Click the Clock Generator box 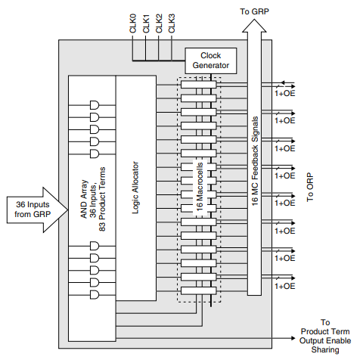point(211,60)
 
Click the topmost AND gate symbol point(95,105)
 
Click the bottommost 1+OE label point(285,286)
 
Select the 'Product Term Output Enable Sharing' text point(325,337)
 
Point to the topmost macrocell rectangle point(197,85)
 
